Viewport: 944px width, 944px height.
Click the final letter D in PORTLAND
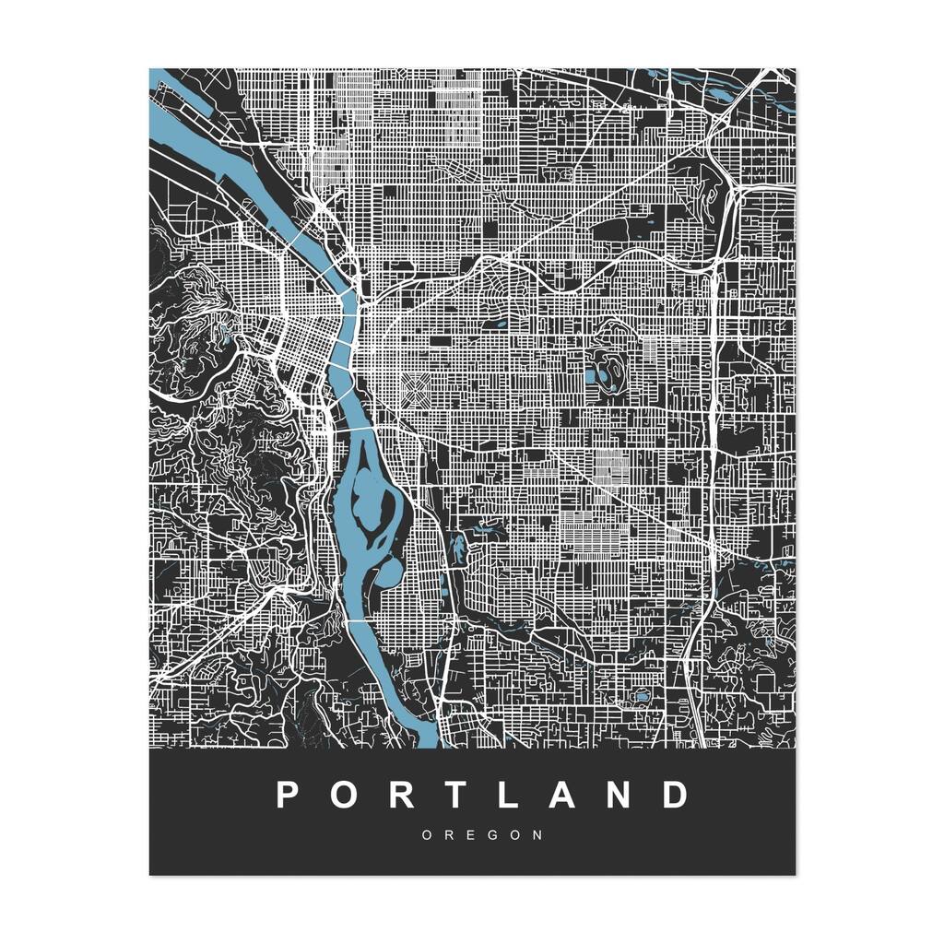pos(678,795)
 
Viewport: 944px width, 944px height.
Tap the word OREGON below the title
pos(482,835)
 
